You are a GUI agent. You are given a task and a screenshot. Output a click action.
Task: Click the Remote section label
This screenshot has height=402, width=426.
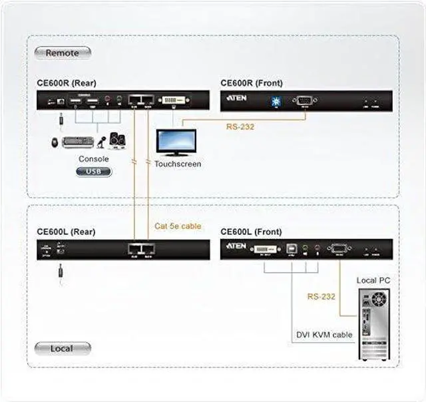[62, 53]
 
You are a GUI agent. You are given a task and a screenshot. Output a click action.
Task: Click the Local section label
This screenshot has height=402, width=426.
[62, 348]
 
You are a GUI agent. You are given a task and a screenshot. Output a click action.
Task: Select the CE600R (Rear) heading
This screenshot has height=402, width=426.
[67, 83]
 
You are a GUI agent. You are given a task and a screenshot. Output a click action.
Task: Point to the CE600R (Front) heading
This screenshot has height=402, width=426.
[252, 83]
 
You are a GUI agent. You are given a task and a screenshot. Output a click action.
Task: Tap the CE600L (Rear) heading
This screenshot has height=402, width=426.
[66, 232]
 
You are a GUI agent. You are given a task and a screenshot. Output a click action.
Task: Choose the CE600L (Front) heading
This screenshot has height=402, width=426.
[251, 232]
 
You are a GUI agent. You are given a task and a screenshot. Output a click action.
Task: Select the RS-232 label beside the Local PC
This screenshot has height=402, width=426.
[321, 297]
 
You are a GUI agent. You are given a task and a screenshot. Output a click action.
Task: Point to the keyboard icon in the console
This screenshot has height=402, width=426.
[79, 142]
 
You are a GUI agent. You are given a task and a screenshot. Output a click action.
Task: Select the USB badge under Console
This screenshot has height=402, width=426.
[94, 172]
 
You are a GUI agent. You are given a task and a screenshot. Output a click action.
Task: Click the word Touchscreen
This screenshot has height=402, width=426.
[178, 164]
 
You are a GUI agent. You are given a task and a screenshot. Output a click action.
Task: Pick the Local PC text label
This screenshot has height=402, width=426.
[373, 280]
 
